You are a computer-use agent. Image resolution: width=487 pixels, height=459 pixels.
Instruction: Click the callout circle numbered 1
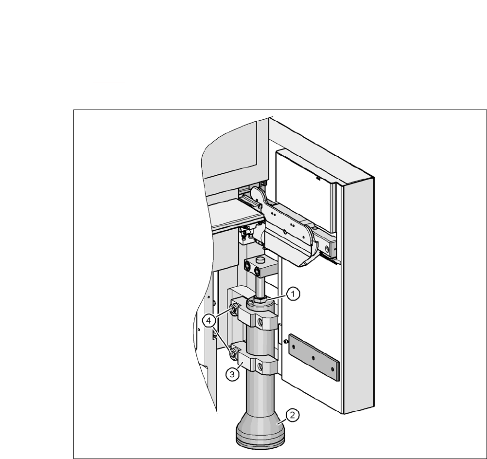[293, 294]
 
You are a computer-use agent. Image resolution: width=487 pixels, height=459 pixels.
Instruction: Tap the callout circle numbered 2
[292, 415]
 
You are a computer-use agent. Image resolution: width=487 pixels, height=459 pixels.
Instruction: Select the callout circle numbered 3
[232, 374]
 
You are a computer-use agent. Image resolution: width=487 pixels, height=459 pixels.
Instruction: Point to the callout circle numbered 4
[209, 320]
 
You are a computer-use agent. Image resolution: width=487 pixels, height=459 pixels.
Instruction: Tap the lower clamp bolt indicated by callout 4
[233, 353]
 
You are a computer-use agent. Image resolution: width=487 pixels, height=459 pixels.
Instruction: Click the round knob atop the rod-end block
[260, 259]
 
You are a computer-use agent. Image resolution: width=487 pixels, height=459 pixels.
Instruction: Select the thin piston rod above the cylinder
[261, 287]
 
